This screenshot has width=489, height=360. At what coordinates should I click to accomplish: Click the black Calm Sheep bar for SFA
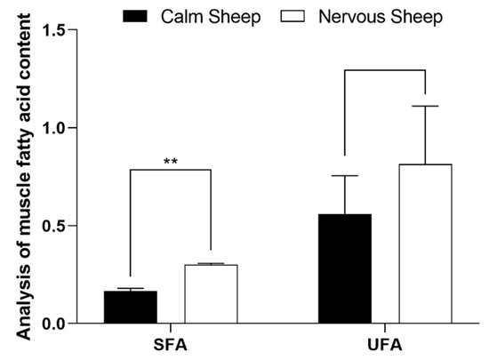pyautogui.click(x=130, y=308)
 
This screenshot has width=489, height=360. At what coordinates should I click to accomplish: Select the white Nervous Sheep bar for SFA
pyautogui.click(x=211, y=294)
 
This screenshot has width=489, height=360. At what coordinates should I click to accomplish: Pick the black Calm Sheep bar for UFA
pyautogui.click(x=345, y=268)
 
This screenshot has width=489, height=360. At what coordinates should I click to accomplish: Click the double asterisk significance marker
pyautogui.click(x=171, y=162)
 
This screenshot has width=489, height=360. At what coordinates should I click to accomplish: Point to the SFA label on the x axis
pyautogui.click(x=171, y=342)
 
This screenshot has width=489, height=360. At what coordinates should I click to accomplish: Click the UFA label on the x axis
pyautogui.click(x=385, y=342)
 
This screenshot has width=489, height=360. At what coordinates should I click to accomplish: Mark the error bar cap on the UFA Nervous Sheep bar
pyautogui.click(x=425, y=107)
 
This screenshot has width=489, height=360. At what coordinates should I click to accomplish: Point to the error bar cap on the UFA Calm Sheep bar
pyautogui.click(x=345, y=176)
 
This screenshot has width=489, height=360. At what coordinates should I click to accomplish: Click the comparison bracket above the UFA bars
pyautogui.click(x=385, y=72)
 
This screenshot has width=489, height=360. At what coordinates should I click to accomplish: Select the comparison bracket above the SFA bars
pyautogui.click(x=171, y=171)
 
